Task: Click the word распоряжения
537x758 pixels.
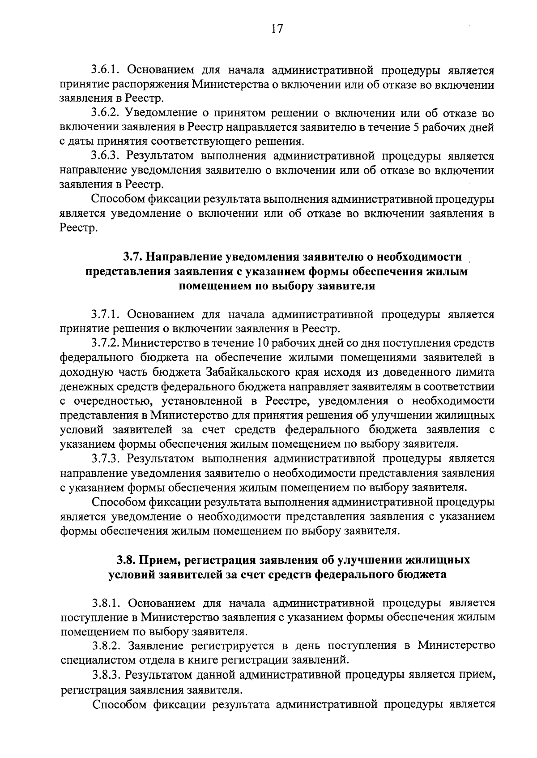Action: [154, 85]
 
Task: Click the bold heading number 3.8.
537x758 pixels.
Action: [126, 560]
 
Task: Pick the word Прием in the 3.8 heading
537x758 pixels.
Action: [158, 560]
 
